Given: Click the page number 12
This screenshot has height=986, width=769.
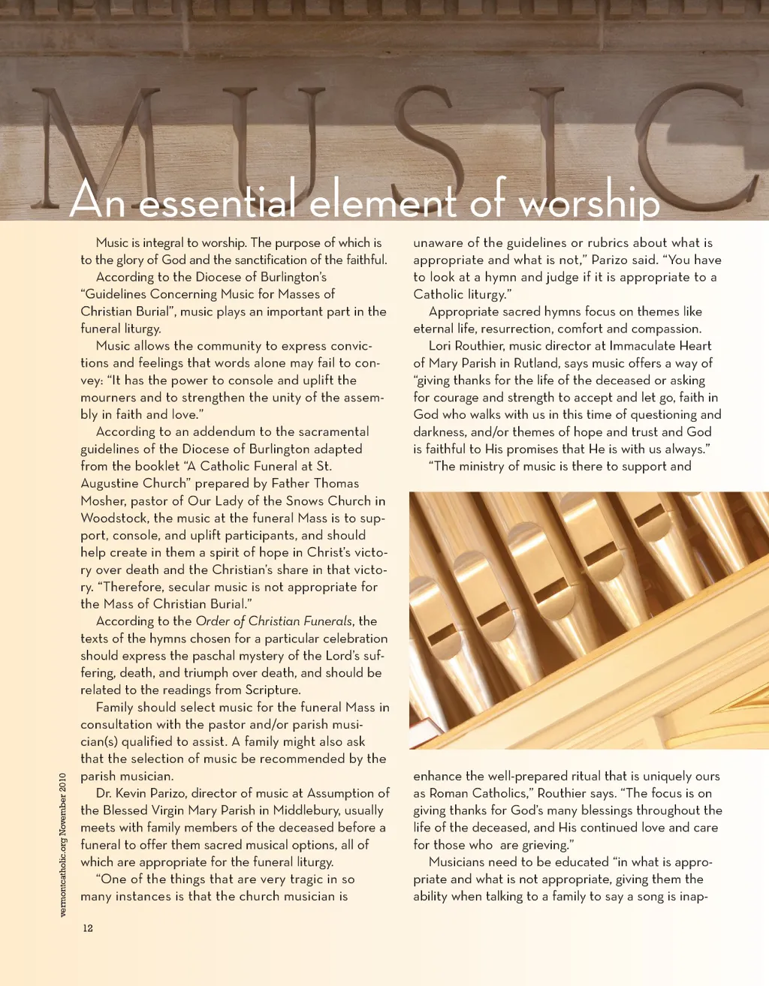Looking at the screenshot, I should coord(88,928).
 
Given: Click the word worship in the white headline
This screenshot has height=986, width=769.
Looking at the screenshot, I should coord(589,201).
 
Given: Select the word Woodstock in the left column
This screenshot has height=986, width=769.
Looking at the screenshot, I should coord(114,518).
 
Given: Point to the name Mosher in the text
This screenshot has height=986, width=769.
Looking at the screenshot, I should coord(102,501).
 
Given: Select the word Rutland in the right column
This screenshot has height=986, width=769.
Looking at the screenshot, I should coord(537,363).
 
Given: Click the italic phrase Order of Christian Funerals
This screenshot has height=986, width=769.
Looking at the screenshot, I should coord(273,621).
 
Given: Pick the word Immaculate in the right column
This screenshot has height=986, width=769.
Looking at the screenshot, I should coord(643,346).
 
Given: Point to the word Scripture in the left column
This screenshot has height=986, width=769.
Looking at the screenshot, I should coord(272,690).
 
